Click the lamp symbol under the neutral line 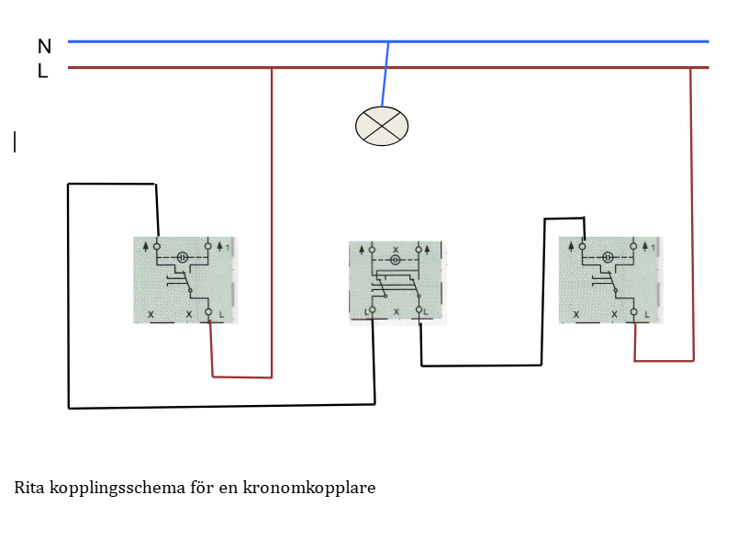382,126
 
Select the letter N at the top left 44,47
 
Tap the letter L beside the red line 42,71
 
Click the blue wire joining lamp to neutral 385,73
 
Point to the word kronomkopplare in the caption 309,488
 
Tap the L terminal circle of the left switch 208,313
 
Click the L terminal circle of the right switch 634,313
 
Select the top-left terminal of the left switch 157,246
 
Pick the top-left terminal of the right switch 583,246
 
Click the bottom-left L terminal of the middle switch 373,311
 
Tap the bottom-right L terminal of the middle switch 419,311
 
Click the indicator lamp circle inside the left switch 182,258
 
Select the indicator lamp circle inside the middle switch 396,260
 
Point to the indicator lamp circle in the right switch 608,258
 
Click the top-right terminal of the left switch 208,246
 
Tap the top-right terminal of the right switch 633,246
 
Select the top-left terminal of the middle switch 374,249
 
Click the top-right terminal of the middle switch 419,249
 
